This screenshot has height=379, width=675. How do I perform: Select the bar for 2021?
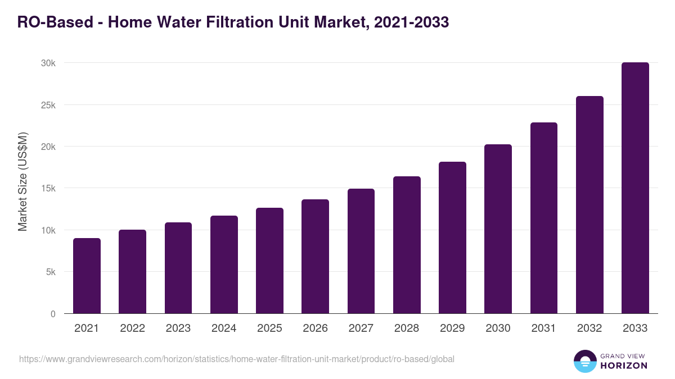tap(87, 276)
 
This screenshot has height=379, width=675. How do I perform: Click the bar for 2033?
tap(635, 188)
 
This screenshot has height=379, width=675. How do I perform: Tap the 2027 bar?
tap(361, 251)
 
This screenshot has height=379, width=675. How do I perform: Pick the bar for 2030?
tap(498, 229)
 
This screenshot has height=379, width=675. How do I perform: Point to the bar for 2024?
tap(224, 264)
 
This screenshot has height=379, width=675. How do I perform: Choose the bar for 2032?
tap(589, 205)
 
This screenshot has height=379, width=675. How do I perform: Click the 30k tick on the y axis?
tap(48, 63)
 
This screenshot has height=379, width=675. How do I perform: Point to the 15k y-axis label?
tap(48, 189)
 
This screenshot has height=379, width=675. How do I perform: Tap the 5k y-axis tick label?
tap(50, 272)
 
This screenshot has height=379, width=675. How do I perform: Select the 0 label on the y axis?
tap(53, 314)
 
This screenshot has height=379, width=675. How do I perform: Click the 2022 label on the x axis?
tap(132, 328)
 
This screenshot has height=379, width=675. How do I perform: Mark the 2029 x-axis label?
tap(452, 328)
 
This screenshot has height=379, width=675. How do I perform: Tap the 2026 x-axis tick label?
tap(315, 328)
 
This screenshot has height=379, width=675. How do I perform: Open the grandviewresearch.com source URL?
tap(236, 359)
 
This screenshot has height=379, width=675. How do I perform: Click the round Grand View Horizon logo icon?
tap(584, 361)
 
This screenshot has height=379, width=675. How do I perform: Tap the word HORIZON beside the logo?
tap(623, 366)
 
